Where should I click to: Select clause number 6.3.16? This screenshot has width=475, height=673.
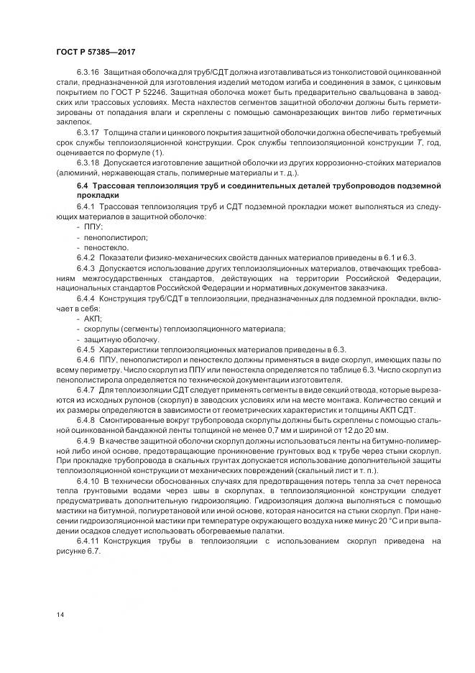point(88,75)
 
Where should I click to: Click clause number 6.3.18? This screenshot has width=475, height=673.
point(88,162)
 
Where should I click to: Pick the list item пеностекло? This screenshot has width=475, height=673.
point(101,246)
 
